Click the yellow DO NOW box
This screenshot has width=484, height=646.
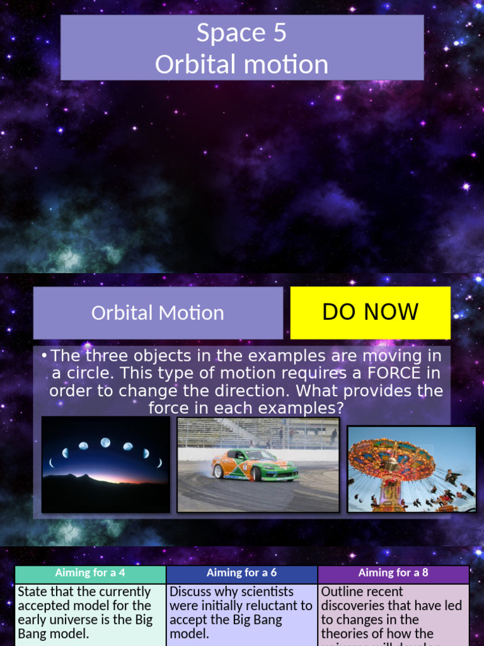370,312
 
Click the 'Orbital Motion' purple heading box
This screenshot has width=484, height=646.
158,313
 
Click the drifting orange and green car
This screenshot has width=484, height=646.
253,465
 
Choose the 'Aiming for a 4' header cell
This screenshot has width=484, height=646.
90,573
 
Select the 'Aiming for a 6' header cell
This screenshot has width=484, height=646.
241,573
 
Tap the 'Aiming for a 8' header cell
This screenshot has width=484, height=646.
393,573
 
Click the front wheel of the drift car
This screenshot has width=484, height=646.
256,474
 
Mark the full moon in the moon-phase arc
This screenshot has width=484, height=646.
105,442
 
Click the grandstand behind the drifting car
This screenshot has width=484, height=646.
258,433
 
